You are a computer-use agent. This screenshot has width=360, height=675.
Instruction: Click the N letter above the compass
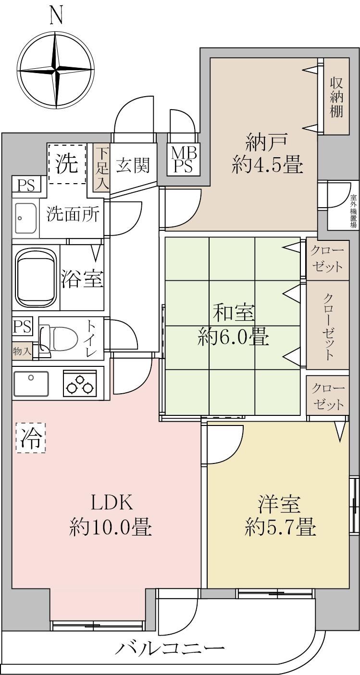[56, 16]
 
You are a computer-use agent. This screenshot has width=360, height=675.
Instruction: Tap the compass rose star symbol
[56, 72]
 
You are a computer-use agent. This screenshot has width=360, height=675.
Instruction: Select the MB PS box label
[184, 160]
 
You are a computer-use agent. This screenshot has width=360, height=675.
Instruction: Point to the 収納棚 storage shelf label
[336, 98]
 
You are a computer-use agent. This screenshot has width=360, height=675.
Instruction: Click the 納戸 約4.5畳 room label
[267, 154]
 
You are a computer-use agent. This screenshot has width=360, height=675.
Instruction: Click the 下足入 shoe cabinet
[102, 168]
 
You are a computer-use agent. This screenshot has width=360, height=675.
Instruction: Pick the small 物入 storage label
[22, 351]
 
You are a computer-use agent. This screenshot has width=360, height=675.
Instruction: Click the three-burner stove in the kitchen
[79, 383]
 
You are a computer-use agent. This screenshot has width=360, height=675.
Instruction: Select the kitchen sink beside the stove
[31, 383]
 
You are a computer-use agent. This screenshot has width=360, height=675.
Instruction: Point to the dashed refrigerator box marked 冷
[31, 437]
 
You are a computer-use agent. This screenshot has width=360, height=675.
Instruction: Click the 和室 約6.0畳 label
[233, 326]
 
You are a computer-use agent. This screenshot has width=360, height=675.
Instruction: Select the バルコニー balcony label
[171, 646]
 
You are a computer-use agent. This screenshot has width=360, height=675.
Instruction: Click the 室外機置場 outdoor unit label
[354, 211]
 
